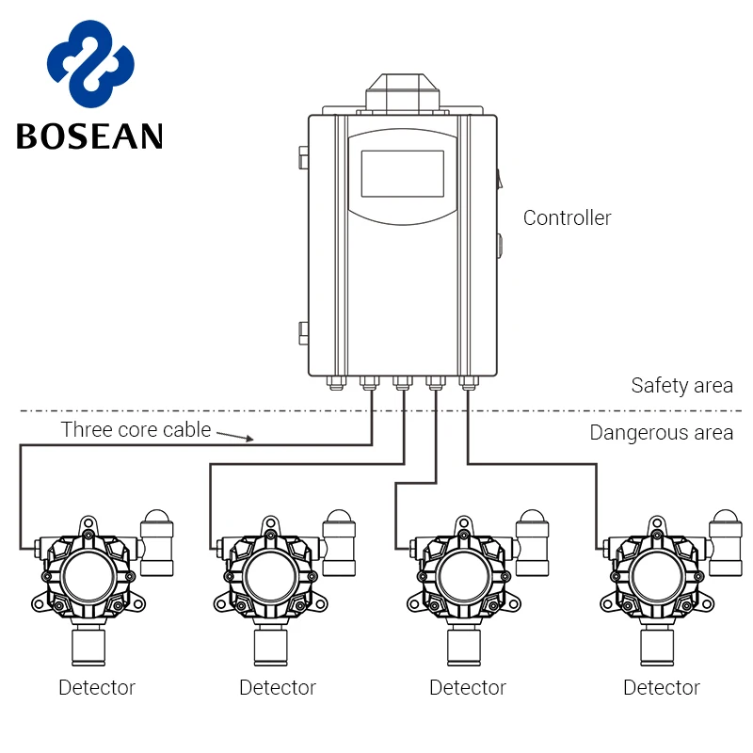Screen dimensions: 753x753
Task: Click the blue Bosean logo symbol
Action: click(x=90, y=63)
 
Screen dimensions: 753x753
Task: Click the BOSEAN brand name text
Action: click(x=89, y=136)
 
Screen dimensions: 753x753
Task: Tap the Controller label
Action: click(x=568, y=218)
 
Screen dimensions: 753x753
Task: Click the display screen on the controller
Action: click(x=403, y=173)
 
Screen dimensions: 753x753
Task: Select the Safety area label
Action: click(x=681, y=386)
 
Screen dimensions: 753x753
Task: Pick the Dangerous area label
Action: click(x=662, y=433)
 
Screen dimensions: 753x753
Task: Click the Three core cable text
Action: click(x=136, y=429)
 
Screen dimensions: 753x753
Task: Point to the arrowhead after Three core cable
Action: click(x=249, y=438)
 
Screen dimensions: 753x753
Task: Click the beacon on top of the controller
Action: click(x=403, y=93)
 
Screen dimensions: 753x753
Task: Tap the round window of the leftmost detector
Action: click(x=88, y=577)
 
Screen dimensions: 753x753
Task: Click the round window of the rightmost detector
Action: click(x=656, y=577)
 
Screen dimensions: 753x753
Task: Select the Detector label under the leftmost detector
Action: click(x=97, y=688)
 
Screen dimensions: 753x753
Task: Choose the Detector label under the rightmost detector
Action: click(x=662, y=688)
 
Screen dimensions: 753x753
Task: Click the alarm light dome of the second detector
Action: click(x=339, y=517)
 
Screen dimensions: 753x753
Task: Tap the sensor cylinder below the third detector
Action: click(x=464, y=647)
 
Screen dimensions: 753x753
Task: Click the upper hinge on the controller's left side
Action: click(x=303, y=157)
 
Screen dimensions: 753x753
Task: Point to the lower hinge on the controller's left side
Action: click(x=303, y=333)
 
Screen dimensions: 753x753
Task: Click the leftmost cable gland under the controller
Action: click(x=336, y=383)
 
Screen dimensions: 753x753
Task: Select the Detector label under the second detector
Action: click(x=278, y=688)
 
